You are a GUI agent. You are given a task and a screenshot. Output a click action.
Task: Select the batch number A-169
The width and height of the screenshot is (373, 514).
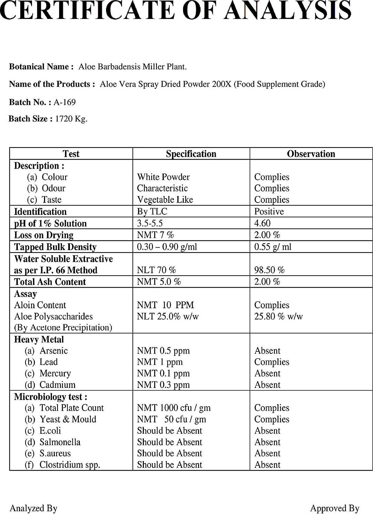[x=64, y=102]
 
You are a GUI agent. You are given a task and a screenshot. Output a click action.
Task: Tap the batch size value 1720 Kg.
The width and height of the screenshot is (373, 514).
[x=71, y=119]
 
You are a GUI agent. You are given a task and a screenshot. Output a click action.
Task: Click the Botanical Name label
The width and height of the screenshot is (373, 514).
[x=41, y=67]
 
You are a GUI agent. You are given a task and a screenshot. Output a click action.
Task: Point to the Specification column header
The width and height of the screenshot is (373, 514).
[x=191, y=154]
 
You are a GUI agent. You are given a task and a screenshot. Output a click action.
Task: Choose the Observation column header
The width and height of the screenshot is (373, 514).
[x=311, y=154]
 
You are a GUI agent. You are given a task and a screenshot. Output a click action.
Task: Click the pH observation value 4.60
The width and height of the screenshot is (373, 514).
[x=262, y=223]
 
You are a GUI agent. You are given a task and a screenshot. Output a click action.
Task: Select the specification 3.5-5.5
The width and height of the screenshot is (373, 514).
[x=150, y=223]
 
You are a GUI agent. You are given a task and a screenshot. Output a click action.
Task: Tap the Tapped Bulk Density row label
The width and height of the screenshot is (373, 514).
[x=55, y=247]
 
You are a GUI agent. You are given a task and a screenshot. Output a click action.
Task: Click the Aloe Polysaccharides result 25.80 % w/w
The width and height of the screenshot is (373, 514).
[x=278, y=316]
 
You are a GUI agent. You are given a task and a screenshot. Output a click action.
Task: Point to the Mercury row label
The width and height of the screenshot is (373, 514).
[x=55, y=373]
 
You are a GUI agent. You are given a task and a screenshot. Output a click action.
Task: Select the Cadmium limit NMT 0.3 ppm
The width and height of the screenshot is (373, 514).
[x=163, y=385]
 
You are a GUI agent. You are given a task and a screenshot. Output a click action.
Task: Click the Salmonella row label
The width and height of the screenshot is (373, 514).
[x=60, y=442]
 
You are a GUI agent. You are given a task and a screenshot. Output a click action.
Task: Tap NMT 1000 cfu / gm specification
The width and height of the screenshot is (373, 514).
[x=173, y=408]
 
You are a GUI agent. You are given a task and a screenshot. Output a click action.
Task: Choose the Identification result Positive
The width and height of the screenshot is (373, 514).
[x=269, y=212]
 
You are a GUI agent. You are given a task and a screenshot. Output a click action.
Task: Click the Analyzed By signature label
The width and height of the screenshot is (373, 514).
[x=33, y=508]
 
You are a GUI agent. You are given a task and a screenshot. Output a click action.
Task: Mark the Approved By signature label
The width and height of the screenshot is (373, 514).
[x=334, y=508]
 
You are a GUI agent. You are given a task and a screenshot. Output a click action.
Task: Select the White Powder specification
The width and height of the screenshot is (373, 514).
[x=163, y=177]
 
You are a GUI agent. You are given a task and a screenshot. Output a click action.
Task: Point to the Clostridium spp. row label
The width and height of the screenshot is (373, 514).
[x=70, y=465]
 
